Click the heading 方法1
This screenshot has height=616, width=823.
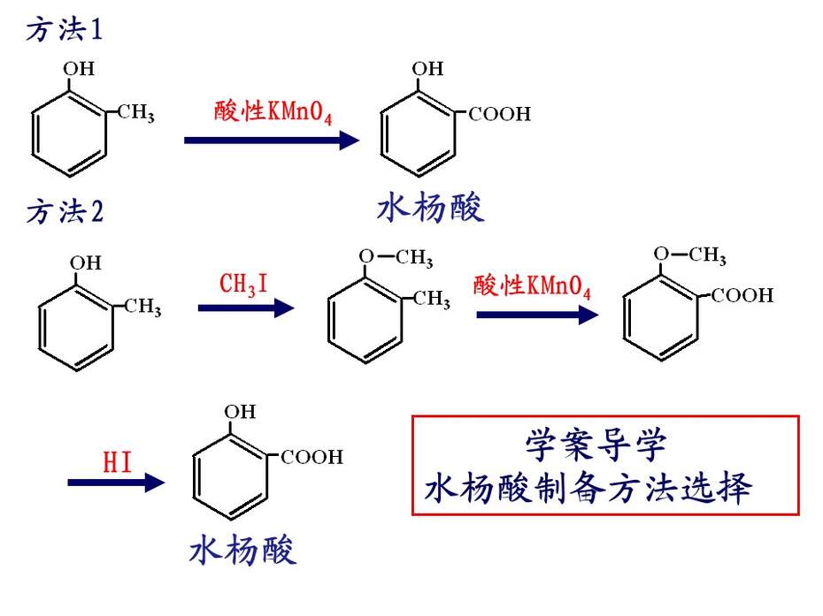(x=64, y=29)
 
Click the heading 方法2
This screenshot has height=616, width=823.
(x=65, y=212)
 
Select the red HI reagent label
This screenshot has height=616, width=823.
(x=117, y=462)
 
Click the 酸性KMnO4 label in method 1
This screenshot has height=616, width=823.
(x=273, y=111)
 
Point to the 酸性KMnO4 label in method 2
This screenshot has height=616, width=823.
(x=532, y=286)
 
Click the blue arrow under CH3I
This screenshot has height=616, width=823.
(x=246, y=308)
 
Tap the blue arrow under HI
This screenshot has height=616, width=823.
(x=116, y=483)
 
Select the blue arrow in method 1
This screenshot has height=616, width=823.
(x=272, y=140)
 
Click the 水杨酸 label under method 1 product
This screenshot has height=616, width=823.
(x=430, y=208)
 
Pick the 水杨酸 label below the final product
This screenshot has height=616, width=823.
(x=242, y=550)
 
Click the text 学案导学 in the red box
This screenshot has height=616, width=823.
(x=596, y=445)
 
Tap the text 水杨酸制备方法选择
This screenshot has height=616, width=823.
(x=588, y=488)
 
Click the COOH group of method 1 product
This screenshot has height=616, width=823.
(x=499, y=114)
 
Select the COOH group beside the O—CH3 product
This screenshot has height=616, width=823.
(x=742, y=295)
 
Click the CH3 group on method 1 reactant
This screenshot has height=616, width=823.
(x=136, y=112)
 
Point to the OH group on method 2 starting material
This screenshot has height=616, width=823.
(x=86, y=262)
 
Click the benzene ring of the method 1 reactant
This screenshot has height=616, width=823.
(x=69, y=133)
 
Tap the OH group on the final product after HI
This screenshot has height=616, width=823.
(x=240, y=412)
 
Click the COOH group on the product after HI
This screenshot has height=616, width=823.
(x=312, y=457)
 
